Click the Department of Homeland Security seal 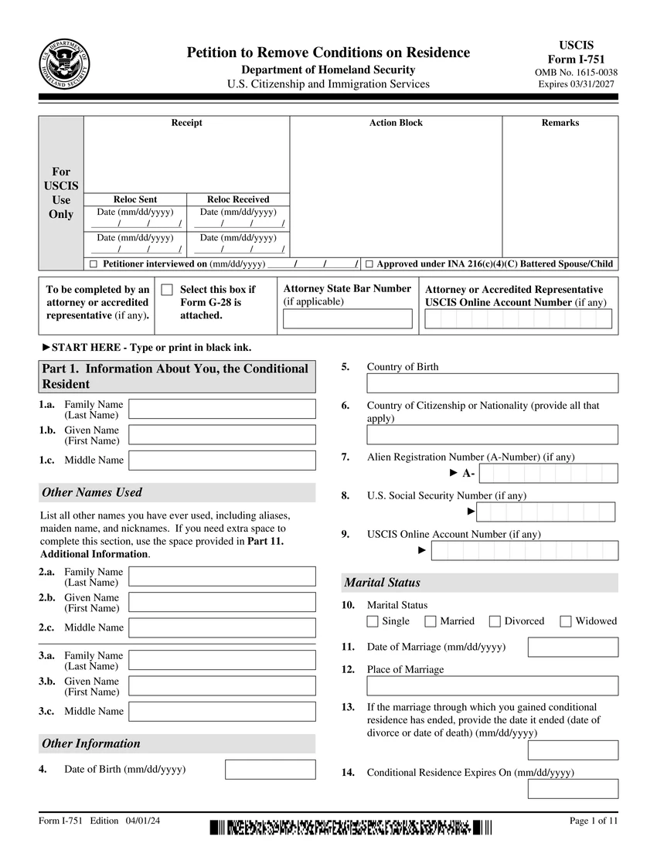(x=64, y=63)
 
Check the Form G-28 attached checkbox (x=167, y=290)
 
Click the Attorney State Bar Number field (x=348, y=319)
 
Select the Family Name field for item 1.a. (x=222, y=409)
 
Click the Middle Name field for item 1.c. (x=222, y=461)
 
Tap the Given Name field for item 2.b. (x=222, y=602)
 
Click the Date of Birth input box (x=270, y=770)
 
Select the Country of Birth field (x=492, y=383)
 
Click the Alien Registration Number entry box (x=548, y=473)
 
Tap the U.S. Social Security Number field (x=546, y=512)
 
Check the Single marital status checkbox (x=373, y=621)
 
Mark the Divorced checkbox (x=495, y=621)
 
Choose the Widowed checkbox (x=566, y=621)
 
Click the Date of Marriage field (x=573, y=647)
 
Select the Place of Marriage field (x=492, y=685)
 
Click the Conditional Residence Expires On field (x=573, y=788)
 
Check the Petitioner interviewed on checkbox (x=94, y=264)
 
